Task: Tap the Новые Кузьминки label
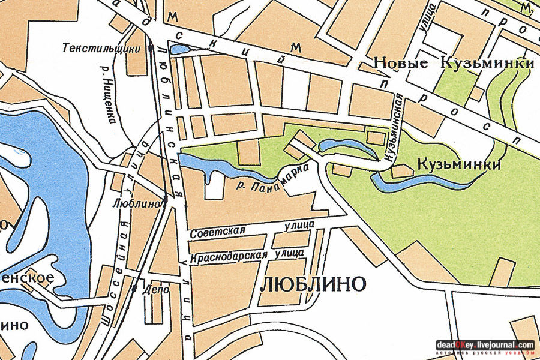(x=454, y=64)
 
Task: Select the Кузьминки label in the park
(x=458, y=164)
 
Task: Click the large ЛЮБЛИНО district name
(x=313, y=284)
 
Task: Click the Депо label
(x=154, y=289)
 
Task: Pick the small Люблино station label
(x=137, y=203)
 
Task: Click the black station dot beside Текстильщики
(x=150, y=49)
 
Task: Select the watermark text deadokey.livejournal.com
(x=485, y=345)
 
